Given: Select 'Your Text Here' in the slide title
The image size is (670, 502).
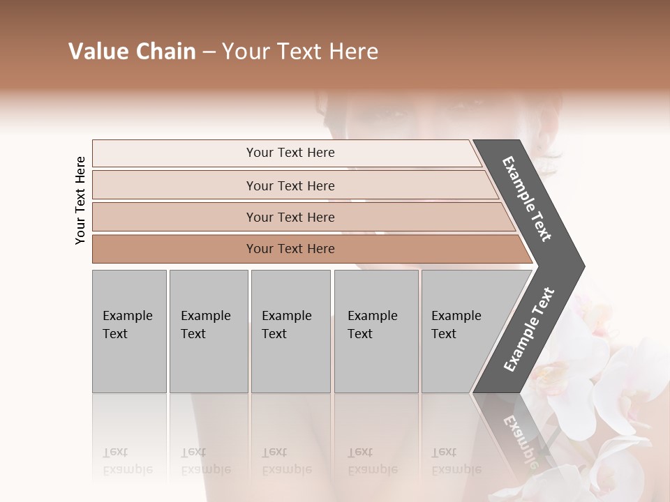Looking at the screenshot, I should coord(300,52).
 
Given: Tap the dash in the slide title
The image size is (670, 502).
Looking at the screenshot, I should coord(209,52).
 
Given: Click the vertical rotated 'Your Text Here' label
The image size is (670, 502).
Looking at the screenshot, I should coord(80,200).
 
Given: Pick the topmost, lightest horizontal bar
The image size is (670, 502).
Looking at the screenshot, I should coord(290,153).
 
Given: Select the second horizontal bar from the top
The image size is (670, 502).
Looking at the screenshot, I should coord(290,185).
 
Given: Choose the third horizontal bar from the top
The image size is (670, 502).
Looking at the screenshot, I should coord(290,217).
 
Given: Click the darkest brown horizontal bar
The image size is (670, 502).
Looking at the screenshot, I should coord(290,249).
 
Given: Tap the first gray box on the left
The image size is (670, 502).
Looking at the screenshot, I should coord(129,331).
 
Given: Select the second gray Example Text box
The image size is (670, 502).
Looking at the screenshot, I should coord(208,331).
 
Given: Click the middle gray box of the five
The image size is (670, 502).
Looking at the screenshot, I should coord(290,331).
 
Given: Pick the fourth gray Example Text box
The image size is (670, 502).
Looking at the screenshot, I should coord(376,331).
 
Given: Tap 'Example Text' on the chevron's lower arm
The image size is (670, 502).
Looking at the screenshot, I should coord(529,329).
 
